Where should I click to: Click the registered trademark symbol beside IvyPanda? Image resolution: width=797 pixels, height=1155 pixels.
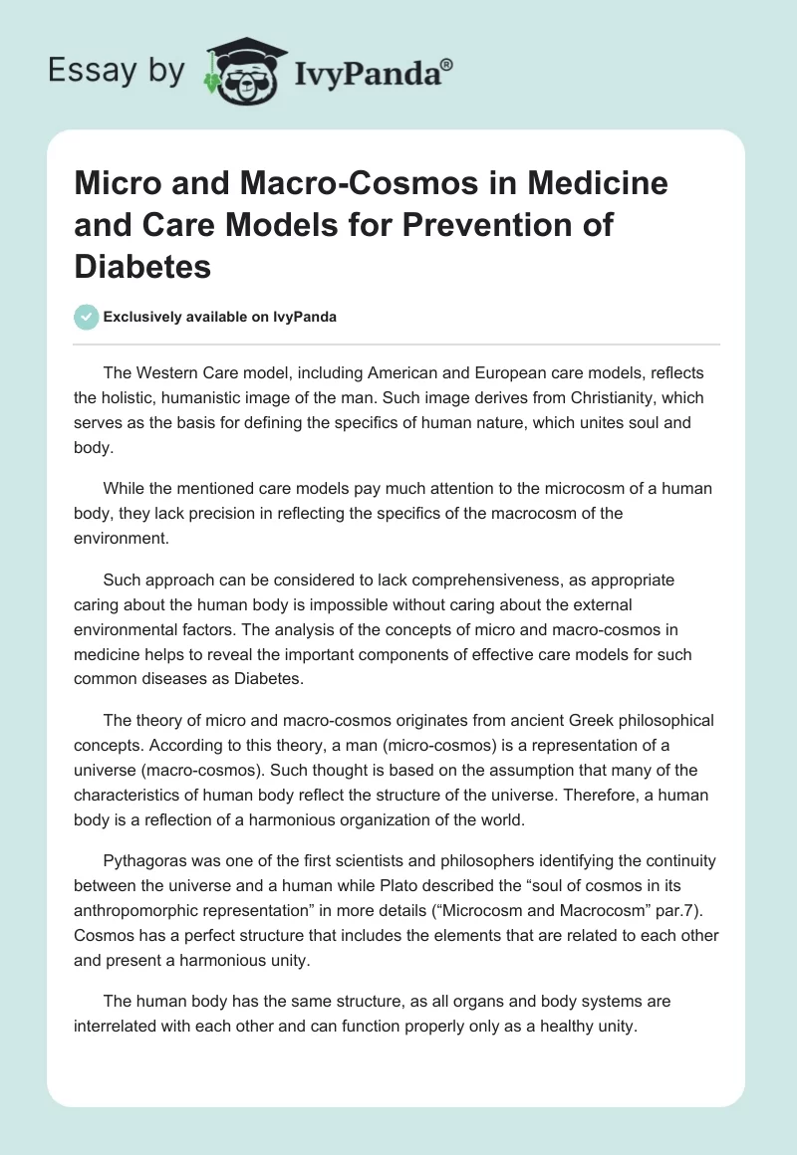tap(447, 65)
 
